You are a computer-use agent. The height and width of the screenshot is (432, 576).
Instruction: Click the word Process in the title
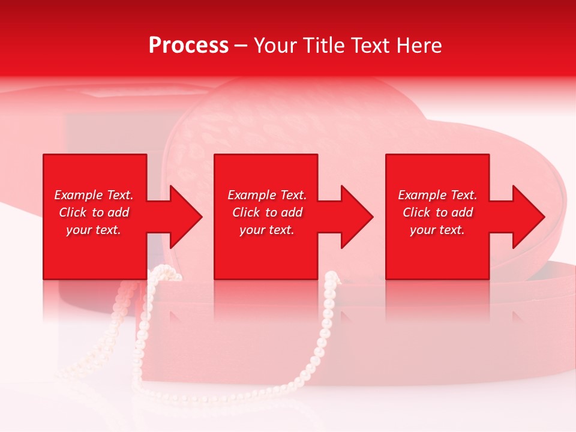[x=188, y=46]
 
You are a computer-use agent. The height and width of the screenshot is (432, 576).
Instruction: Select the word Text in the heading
[x=371, y=46]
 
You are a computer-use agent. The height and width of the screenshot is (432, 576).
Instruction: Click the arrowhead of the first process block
[x=183, y=217]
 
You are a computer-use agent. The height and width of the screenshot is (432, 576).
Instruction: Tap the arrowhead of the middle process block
[x=354, y=217]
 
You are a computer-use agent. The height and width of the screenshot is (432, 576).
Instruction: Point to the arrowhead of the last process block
[x=526, y=217]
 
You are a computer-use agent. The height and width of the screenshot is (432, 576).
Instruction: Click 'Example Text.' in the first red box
[x=94, y=195]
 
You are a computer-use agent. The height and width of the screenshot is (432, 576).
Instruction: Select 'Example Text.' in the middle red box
[x=267, y=195]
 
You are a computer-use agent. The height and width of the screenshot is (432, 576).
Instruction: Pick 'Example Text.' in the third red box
[x=437, y=195]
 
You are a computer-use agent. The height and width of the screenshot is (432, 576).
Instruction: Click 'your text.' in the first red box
[x=94, y=230]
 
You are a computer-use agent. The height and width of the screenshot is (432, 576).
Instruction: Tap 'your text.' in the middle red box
[x=267, y=230]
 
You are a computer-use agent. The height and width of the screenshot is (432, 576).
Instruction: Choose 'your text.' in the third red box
[x=437, y=230]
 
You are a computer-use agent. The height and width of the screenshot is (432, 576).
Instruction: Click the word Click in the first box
[x=73, y=212]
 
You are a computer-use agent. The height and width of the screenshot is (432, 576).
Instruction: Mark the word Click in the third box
[x=416, y=212]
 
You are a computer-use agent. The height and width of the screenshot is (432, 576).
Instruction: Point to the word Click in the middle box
[x=246, y=212]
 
